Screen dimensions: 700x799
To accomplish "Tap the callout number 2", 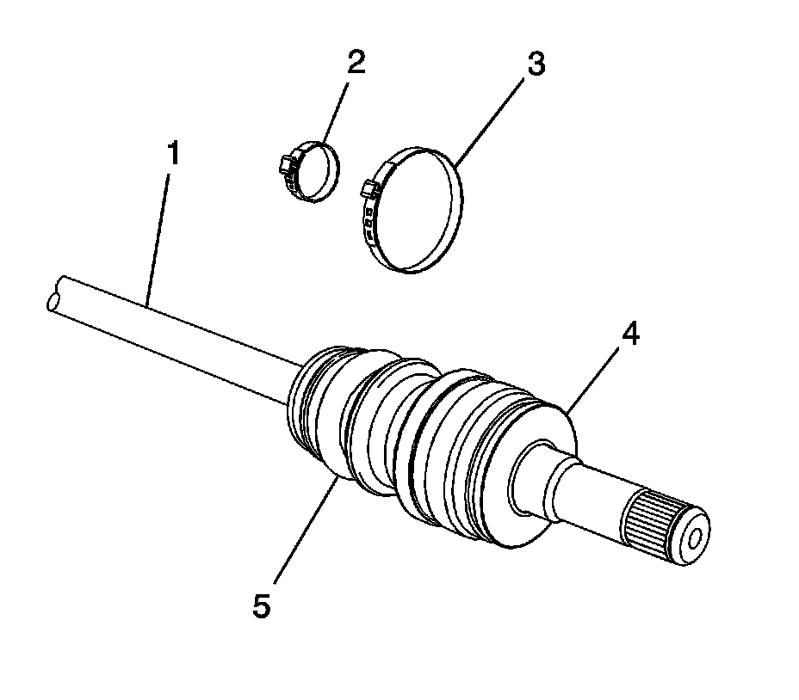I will [356, 64].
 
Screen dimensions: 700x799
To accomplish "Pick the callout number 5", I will [262, 605].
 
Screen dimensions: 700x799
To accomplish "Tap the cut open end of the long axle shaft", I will [54, 302].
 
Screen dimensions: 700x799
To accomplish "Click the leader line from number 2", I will [338, 103].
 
